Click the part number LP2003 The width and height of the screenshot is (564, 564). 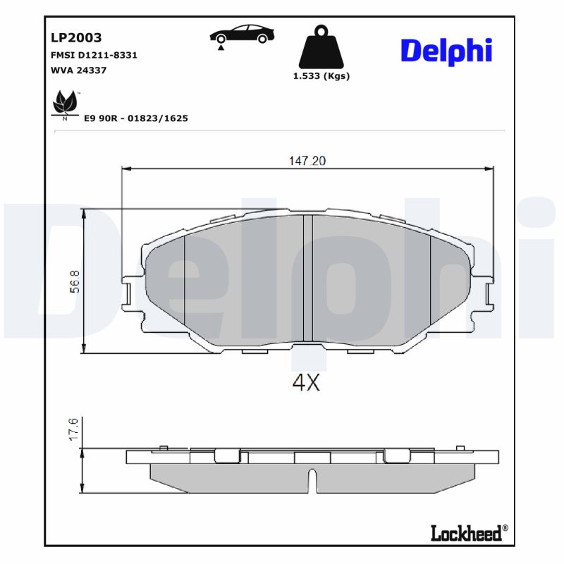[x=76, y=37]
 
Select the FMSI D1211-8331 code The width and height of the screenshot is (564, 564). [x=94, y=54]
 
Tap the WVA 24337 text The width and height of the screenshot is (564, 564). [x=78, y=70]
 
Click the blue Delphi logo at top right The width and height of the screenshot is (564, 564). [x=446, y=51]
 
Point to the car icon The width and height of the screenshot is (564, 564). [x=241, y=34]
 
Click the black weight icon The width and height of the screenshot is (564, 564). [x=321, y=47]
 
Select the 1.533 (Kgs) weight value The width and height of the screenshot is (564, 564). [x=321, y=76]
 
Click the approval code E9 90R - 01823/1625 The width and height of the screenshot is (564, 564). [x=135, y=118]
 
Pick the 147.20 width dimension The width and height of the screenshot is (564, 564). [x=307, y=161]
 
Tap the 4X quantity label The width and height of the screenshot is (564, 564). [x=306, y=383]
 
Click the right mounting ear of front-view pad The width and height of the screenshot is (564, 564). [x=484, y=293]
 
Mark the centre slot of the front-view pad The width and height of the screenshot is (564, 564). [x=307, y=278]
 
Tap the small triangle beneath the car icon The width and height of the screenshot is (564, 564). [x=221, y=47]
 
